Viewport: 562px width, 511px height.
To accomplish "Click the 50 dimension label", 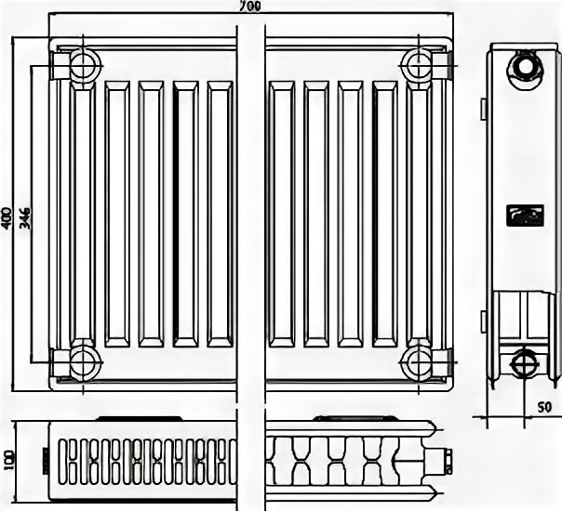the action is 544,407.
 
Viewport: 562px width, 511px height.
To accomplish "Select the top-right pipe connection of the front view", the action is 416,65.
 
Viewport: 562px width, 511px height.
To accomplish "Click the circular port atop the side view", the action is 526,66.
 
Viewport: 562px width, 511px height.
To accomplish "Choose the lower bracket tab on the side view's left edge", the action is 484,321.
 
